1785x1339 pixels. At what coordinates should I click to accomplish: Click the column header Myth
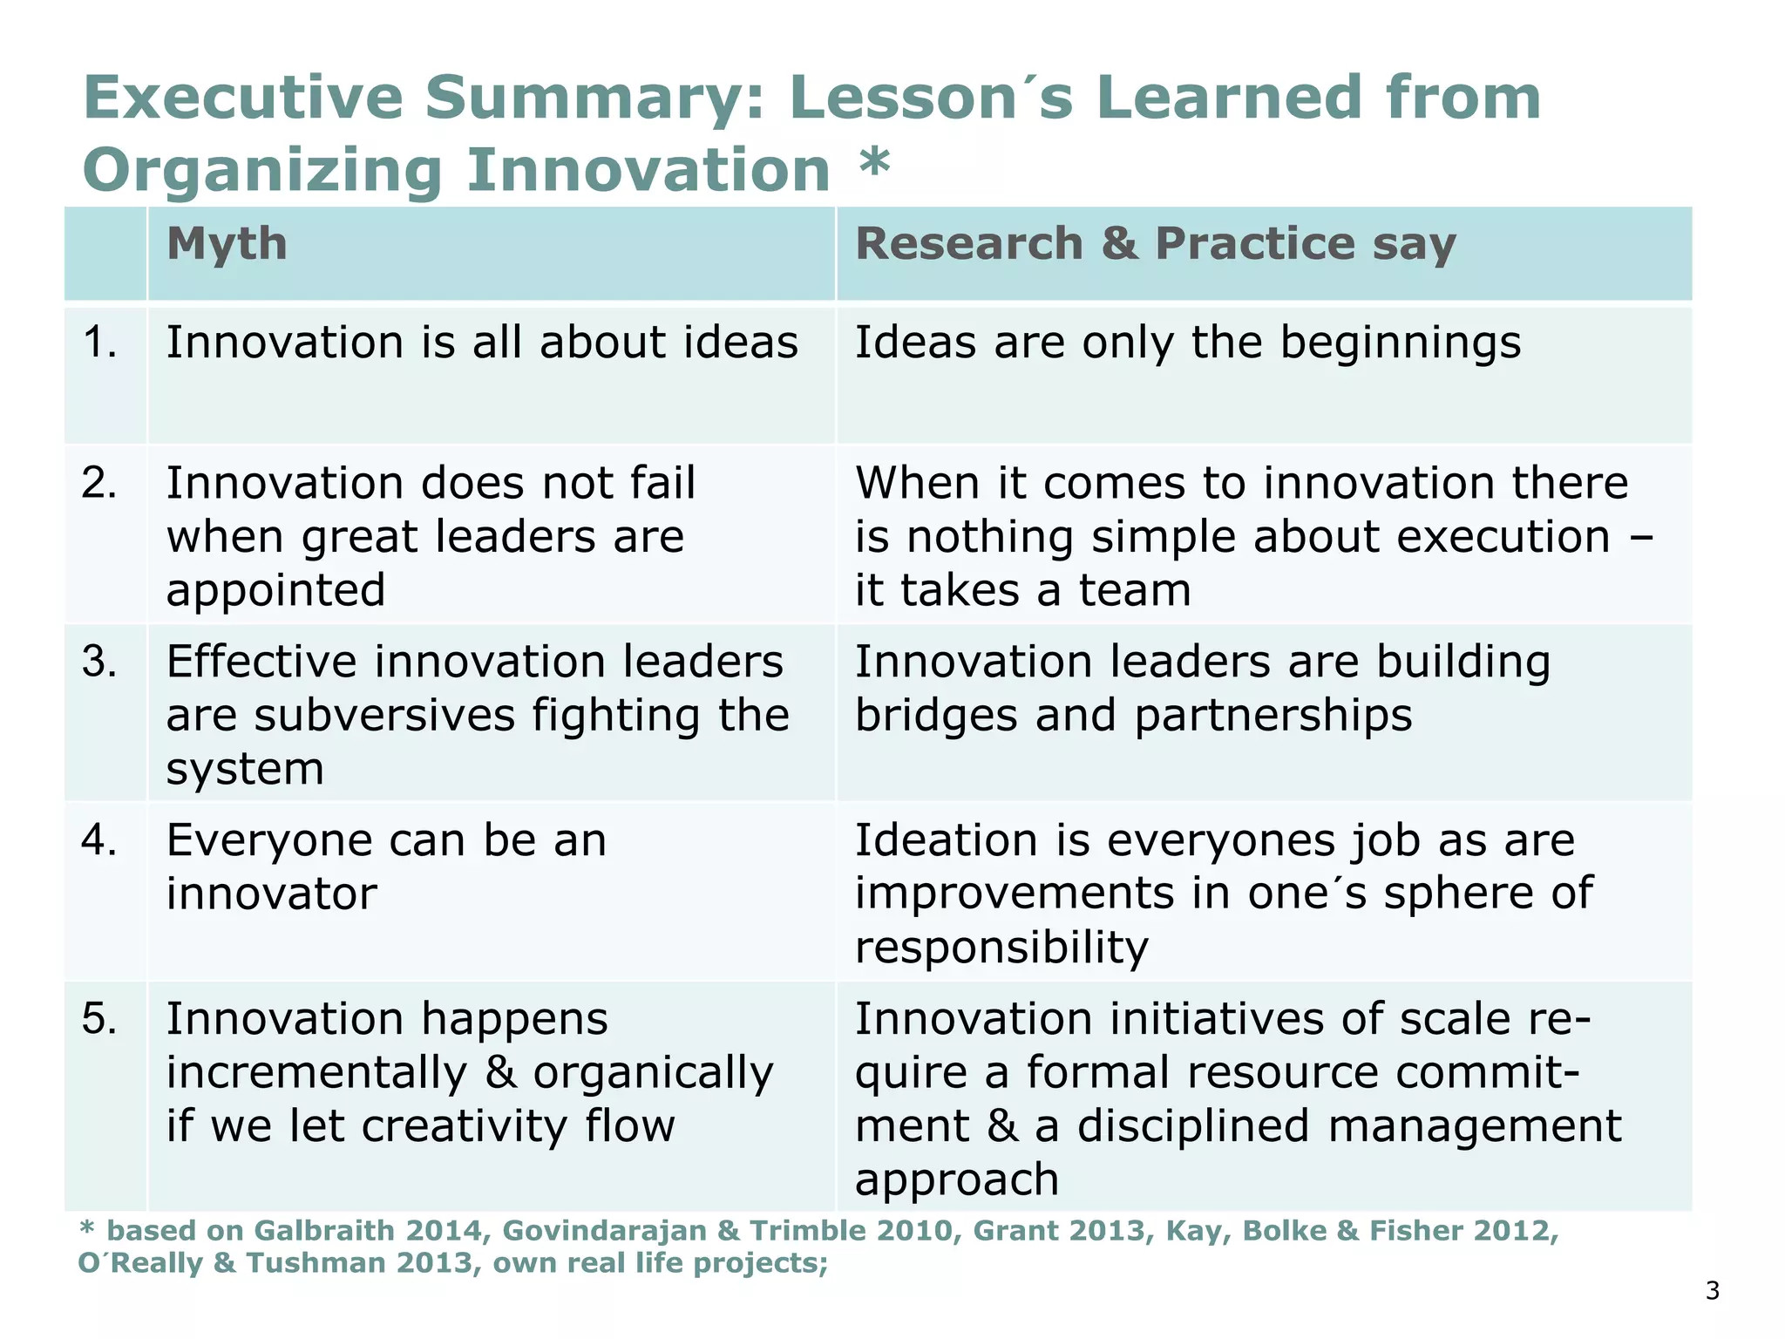point(227,243)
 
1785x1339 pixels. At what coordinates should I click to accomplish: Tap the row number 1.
point(99,342)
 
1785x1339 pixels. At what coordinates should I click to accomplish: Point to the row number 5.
point(99,1018)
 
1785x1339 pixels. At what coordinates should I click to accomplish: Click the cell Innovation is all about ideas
point(482,342)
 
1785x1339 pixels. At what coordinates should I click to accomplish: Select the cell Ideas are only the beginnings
point(1187,342)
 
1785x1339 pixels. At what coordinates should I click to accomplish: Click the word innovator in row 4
point(272,894)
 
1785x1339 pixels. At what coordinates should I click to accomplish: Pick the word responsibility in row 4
point(1001,948)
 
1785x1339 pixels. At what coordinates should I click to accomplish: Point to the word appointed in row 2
point(275,590)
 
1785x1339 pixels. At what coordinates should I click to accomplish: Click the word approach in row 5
point(956,1179)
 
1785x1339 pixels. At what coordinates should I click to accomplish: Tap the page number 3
point(1712,1291)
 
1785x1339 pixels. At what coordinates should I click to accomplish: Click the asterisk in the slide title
point(874,164)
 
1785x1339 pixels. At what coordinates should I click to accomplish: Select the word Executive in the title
point(243,97)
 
